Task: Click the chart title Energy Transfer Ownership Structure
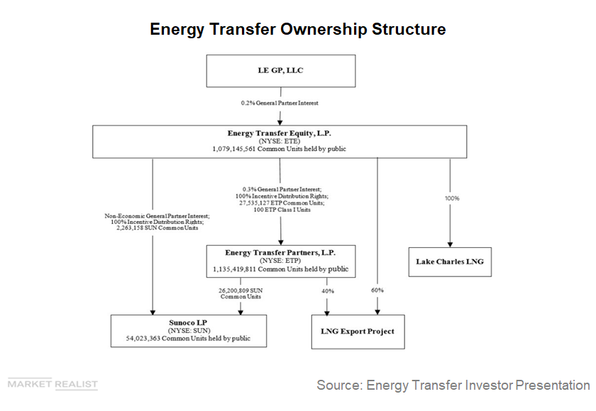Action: [x=297, y=29]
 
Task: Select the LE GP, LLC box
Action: [x=280, y=71]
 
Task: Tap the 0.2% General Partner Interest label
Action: [x=280, y=103]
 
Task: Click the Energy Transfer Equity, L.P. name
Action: [x=280, y=133]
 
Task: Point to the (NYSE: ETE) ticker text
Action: [x=280, y=141]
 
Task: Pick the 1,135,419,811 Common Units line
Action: [x=280, y=269]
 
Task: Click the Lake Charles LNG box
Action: [x=449, y=261]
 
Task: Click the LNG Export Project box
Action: [x=358, y=331]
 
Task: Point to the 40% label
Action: [x=327, y=291]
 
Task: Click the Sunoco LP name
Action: [x=189, y=322]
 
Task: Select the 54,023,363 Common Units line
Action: [x=189, y=339]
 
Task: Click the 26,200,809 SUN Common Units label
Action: [x=241, y=293]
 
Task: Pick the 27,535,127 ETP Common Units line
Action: [x=280, y=203]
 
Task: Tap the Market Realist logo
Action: [x=53, y=385]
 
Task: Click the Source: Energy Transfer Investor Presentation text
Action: [x=453, y=385]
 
